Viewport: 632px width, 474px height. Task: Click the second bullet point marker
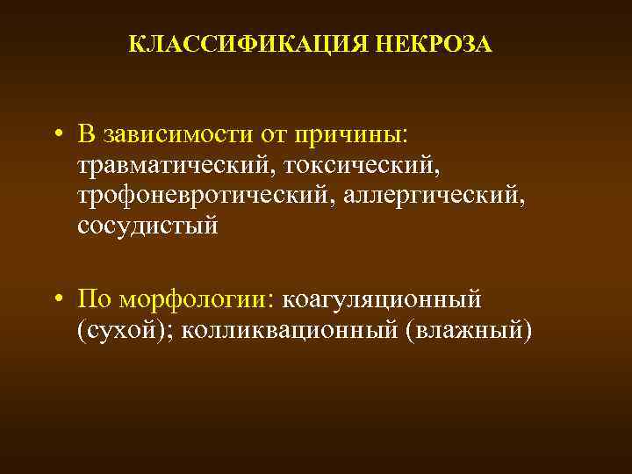click(x=55, y=299)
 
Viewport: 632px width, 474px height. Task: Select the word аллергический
click(x=442, y=195)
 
